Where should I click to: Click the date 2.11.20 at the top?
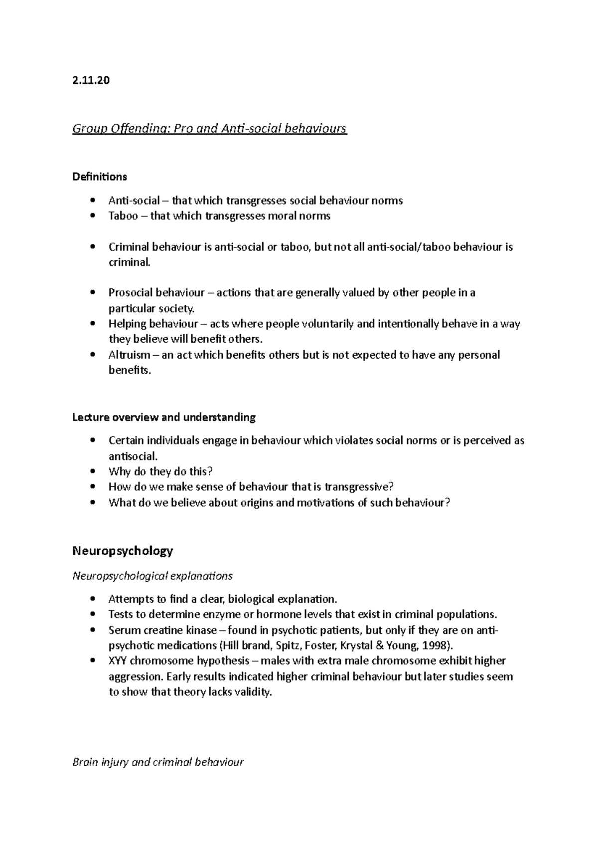pyautogui.click(x=91, y=80)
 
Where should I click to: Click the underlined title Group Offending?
pyautogui.click(x=209, y=129)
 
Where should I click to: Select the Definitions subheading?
pyautogui.click(x=100, y=177)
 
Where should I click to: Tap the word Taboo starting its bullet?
pyautogui.click(x=123, y=216)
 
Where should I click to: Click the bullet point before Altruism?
pyautogui.click(x=93, y=356)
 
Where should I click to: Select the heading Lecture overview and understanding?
pyautogui.click(x=164, y=417)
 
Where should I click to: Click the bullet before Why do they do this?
pyautogui.click(x=93, y=472)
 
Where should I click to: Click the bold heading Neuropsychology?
pyautogui.click(x=123, y=551)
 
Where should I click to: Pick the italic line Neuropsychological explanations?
pyautogui.click(x=152, y=576)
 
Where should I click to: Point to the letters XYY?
pyautogui.click(x=118, y=661)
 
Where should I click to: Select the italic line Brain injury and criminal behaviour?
pyautogui.click(x=158, y=762)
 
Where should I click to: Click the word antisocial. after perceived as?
pyautogui.click(x=133, y=456)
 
